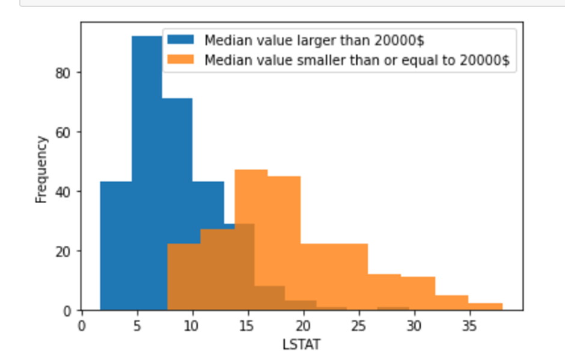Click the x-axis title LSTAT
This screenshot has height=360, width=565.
[x=301, y=344]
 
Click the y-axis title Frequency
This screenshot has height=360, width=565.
[x=41, y=169]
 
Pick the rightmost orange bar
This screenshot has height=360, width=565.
[x=485, y=307]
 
